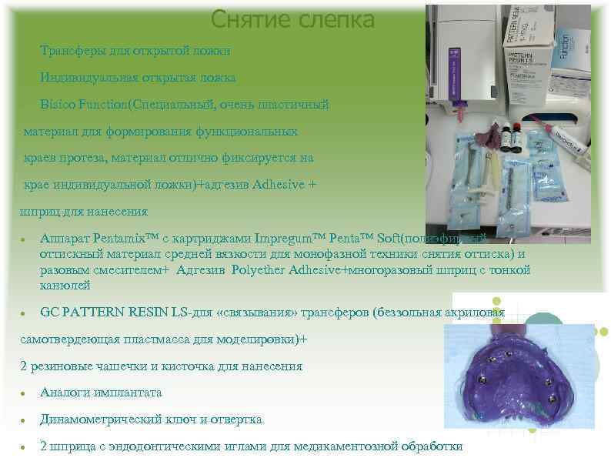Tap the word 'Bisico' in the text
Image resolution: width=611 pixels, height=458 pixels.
pos(59,104)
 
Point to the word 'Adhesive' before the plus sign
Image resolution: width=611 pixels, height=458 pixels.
pos(279,186)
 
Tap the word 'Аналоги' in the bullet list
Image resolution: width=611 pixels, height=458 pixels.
pos(66,393)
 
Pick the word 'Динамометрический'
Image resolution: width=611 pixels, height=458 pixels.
pos(100,420)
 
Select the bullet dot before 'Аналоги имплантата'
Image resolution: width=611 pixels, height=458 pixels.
pos(25,393)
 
